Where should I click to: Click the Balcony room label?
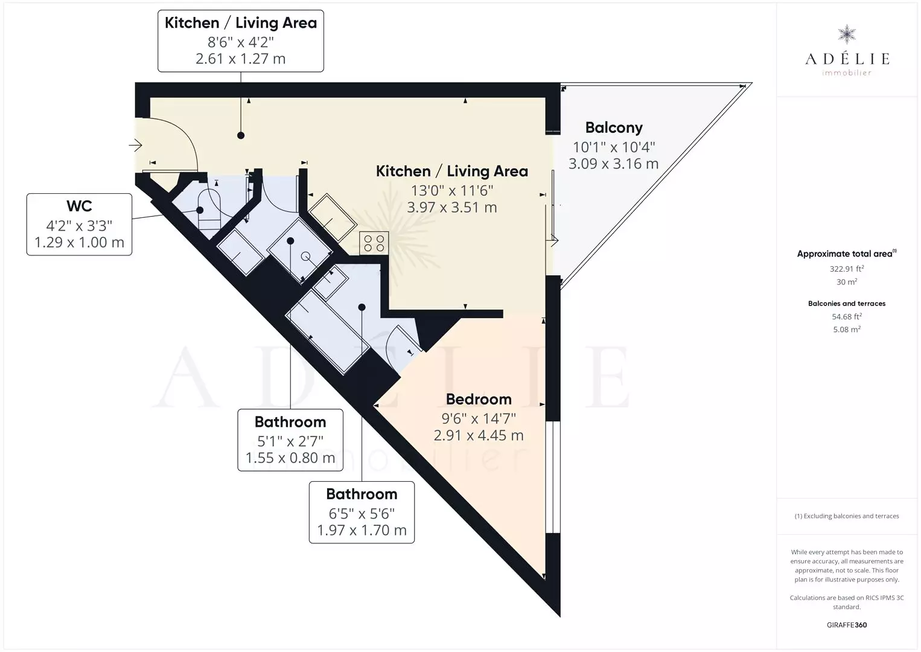[614, 127]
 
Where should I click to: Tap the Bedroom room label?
[479, 399]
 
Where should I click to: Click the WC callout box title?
[79, 206]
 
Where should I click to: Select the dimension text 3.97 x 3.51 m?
[452, 207]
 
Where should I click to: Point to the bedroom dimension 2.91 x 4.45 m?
[479, 435]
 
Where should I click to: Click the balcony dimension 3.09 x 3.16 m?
[613, 164]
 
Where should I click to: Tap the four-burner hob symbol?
[374, 243]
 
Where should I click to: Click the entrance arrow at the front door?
[135, 145]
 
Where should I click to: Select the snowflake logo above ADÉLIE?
[847, 34]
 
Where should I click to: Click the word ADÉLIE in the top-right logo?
[847, 59]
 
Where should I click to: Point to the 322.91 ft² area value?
[847, 269]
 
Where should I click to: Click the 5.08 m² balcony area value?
[847, 329]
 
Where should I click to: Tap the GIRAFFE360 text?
[847, 625]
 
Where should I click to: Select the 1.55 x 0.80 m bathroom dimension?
[290, 458]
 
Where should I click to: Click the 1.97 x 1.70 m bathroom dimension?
[362, 530]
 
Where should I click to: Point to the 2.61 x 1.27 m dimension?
[241, 59]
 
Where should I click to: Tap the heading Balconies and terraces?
[847, 304]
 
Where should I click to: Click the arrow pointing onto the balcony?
[552, 240]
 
